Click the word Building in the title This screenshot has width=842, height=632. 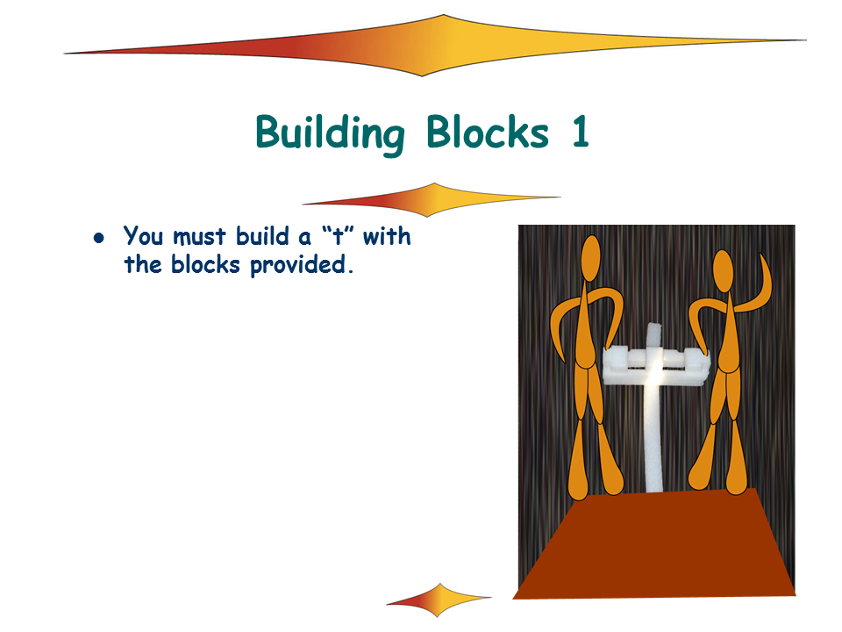point(330,133)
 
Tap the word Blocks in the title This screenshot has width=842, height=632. point(488,131)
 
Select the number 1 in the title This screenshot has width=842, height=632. point(581,131)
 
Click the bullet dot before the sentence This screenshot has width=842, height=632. point(99,237)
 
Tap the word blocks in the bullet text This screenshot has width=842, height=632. point(205,264)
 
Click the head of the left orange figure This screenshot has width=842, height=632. point(590,258)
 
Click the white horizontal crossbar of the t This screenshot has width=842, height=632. point(656,367)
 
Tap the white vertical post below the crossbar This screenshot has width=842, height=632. point(653,438)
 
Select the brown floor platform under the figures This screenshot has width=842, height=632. point(654,544)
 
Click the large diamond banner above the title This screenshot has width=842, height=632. point(435,46)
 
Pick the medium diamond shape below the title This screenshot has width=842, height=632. point(432,200)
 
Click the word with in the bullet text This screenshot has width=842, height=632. point(387,236)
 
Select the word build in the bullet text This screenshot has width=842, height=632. point(262,236)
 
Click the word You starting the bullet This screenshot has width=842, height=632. point(143,236)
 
